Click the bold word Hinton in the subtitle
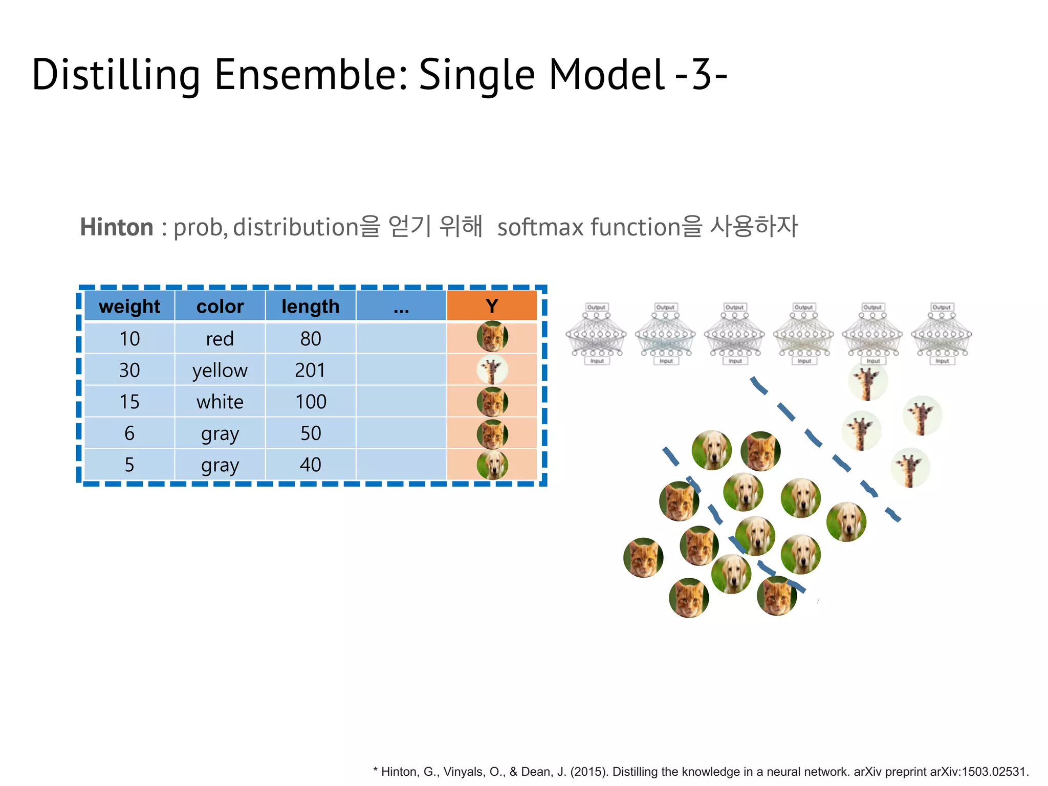click(x=117, y=227)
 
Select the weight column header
click(x=129, y=306)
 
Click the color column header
click(x=220, y=306)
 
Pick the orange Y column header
click(x=492, y=306)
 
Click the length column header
click(x=311, y=306)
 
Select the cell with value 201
click(x=311, y=370)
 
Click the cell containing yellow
click(x=220, y=370)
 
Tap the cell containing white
click(x=220, y=402)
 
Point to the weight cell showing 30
click(x=129, y=370)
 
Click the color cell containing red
click(x=220, y=339)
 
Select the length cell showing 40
click(x=311, y=465)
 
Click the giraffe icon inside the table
click(x=492, y=370)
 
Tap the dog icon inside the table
click(x=492, y=465)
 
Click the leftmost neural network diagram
click(x=596, y=334)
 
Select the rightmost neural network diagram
click(x=942, y=334)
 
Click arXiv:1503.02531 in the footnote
click(x=978, y=772)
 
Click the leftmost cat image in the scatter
click(x=643, y=557)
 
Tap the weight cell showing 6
click(x=129, y=433)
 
